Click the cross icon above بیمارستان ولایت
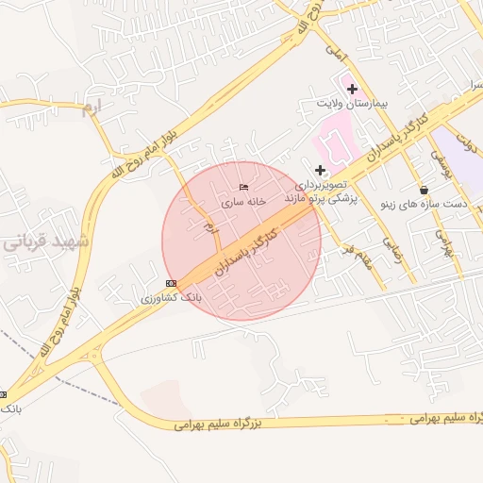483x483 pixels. coord(352,90)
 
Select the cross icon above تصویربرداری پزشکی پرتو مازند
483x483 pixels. coord(321,170)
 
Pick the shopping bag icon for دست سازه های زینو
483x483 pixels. coord(424,191)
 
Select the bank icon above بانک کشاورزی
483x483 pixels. coord(171,283)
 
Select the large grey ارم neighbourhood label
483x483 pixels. coord(90,108)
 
